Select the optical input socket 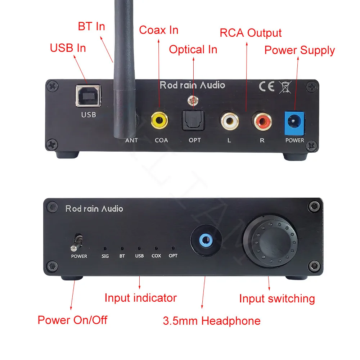(193, 120)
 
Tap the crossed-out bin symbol (285, 87)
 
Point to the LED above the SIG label (105, 248)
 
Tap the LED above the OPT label (173, 248)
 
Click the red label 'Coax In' (159, 30)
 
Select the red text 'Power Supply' (300, 50)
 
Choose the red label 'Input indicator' (140, 298)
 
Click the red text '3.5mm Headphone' (211, 321)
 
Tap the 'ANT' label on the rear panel (131, 140)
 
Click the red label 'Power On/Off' (72, 319)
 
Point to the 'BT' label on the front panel (122, 256)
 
